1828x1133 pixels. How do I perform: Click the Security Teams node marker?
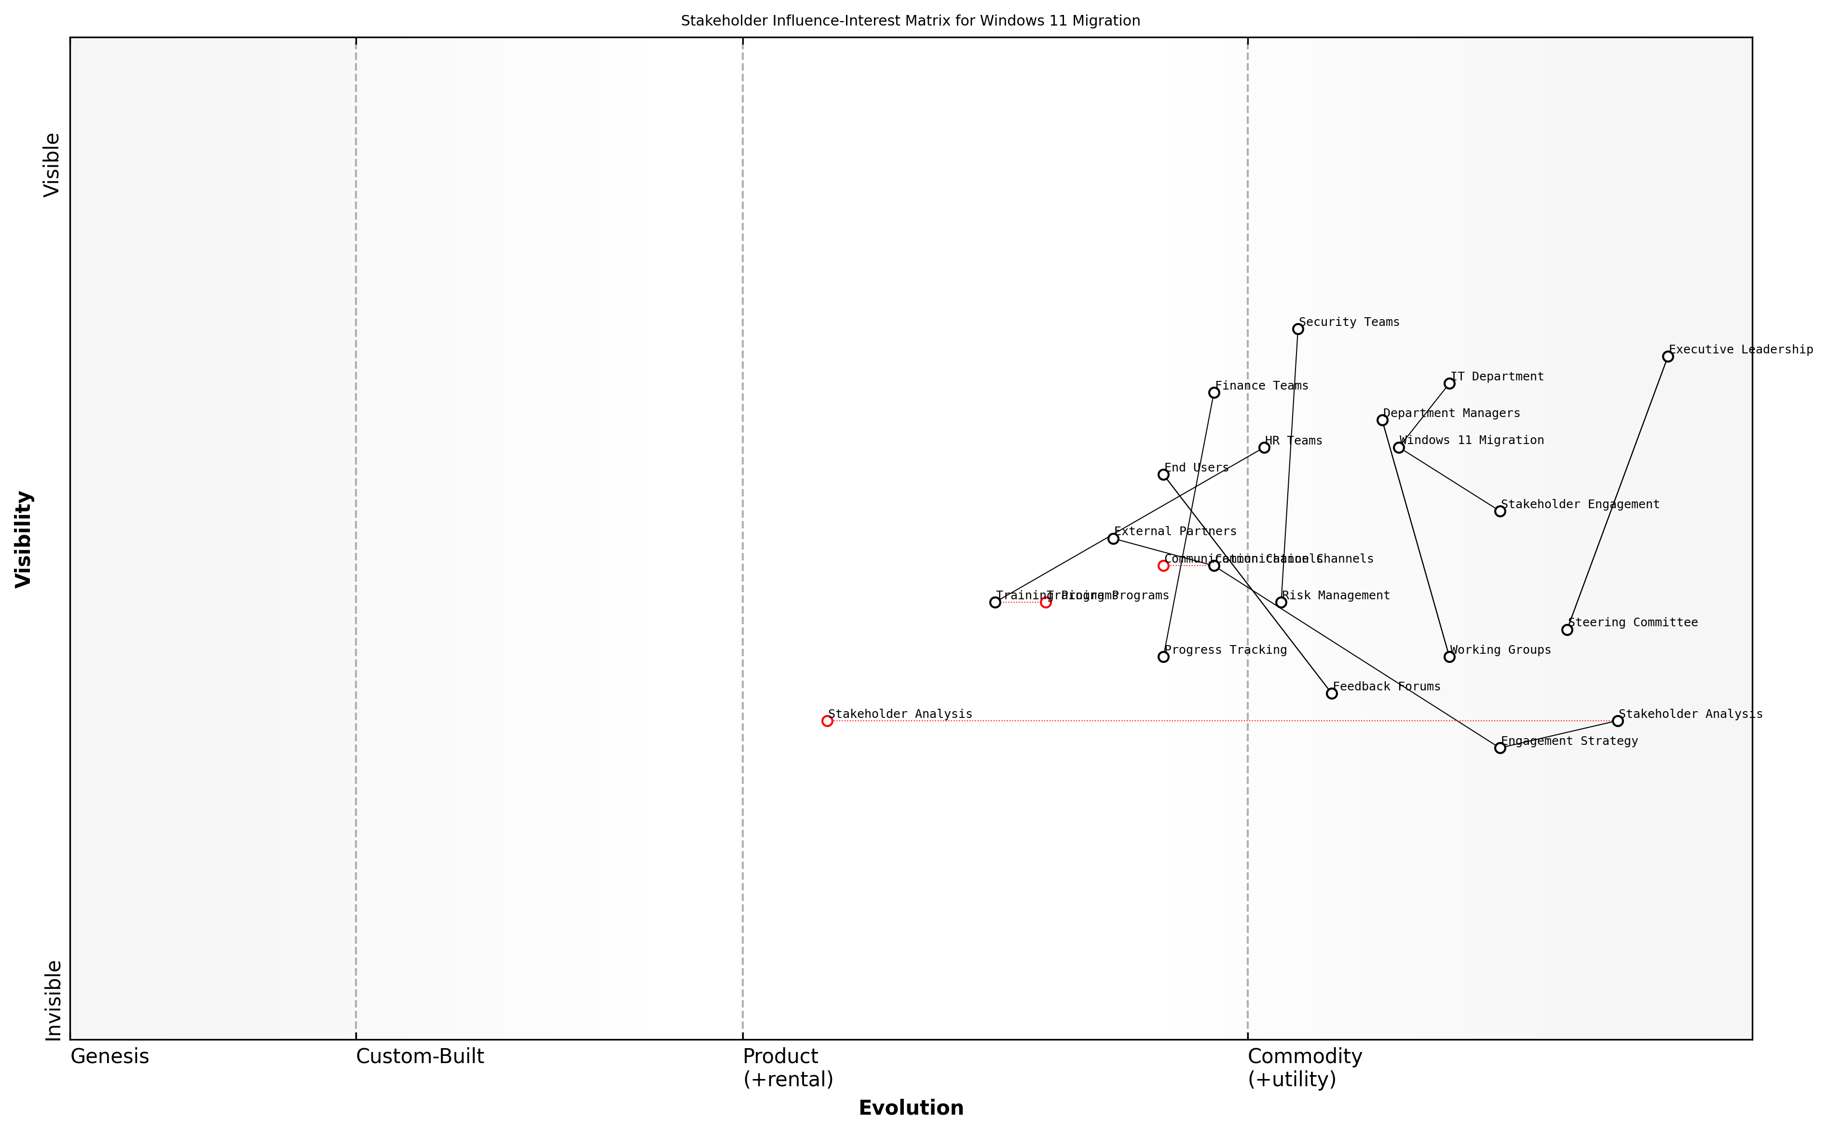pyautogui.click(x=1297, y=329)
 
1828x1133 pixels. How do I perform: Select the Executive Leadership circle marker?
pyautogui.click(x=1667, y=357)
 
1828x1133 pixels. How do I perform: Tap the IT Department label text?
pyautogui.click(x=1497, y=376)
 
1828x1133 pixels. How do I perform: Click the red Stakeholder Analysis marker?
pyautogui.click(x=827, y=721)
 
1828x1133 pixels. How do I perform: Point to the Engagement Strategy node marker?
pyautogui.click(x=1500, y=748)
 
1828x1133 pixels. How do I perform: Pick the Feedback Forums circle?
pyautogui.click(x=1332, y=693)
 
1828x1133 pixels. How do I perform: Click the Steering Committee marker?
pyautogui.click(x=1567, y=630)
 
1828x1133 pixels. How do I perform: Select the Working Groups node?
pyautogui.click(x=1449, y=657)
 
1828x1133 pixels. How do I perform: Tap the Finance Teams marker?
pyautogui.click(x=1214, y=392)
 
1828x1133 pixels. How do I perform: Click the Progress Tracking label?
pyautogui.click(x=1226, y=650)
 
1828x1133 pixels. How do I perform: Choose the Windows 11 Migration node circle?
pyautogui.click(x=1399, y=447)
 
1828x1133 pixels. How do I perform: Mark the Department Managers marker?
pyautogui.click(x=1382, y=420)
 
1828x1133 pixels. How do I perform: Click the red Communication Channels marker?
pyautogui.click(x=1163, y=566)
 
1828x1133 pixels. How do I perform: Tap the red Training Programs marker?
pyautogui.click(x=1046, y=603)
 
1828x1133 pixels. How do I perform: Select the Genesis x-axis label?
pyautogui.click(x=109, y=1056)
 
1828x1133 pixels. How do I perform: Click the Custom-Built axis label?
pyautogui.click(x=420, y=1056)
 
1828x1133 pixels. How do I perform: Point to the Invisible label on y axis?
pyautogui.click(x=53, y=1000)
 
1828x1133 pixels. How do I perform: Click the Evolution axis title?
pyautogui.click(x=911, y=1107)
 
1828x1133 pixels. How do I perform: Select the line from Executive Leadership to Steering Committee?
pyautogui.click(x=1617, y=493)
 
